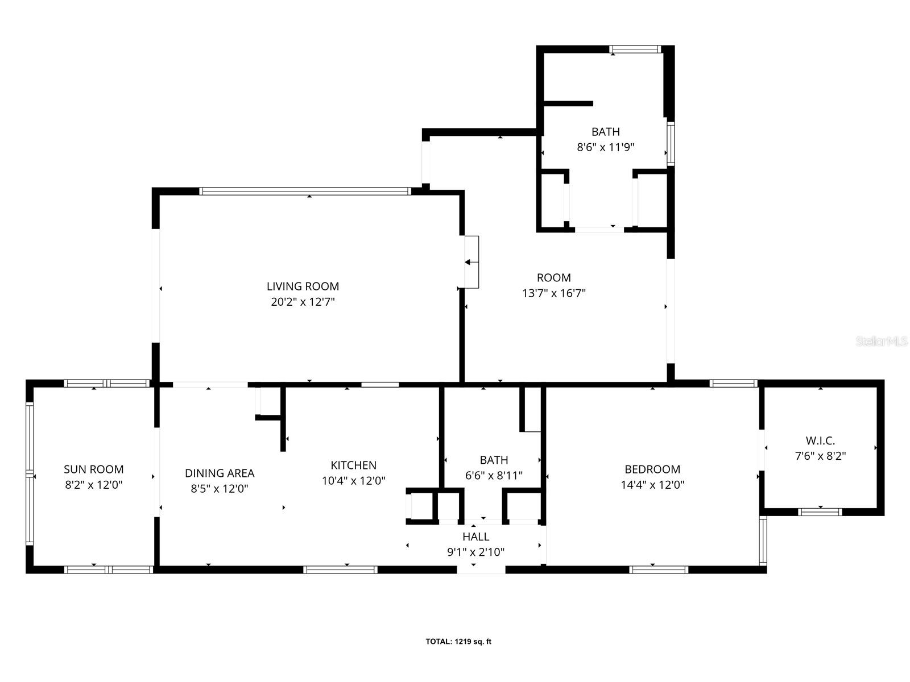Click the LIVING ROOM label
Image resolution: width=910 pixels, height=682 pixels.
coord(303,286)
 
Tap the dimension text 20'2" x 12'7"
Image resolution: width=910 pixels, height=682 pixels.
coord(303,302)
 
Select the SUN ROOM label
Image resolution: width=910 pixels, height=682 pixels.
coord(93,469)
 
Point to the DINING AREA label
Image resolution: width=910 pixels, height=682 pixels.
coord(220,473)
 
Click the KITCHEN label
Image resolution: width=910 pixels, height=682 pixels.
coord(353,465)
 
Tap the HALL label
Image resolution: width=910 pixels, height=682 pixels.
coord(475,537)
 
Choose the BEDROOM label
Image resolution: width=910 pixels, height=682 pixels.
coord(652,469)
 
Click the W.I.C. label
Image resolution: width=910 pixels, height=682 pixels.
coord(820,440)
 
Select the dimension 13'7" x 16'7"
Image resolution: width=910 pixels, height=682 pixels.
coord(553,294)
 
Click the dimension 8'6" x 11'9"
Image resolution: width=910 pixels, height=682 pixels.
coord(605,147)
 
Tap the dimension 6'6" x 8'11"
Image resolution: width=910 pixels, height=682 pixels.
coord(494,476)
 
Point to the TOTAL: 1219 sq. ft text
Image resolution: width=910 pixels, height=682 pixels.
coord(458,642)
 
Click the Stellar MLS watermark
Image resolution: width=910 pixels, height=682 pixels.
coord(881,342)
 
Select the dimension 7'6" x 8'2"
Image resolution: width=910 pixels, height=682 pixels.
coord(820,456)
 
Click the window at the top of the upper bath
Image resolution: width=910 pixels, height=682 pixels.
coord(635,49)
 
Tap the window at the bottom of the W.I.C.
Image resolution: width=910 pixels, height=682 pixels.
coord(820,512)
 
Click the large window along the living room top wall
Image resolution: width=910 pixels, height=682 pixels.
coord(305,192)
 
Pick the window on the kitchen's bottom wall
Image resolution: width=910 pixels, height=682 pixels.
coord(340,569)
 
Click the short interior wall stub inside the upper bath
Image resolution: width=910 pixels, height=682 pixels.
coord(568,103)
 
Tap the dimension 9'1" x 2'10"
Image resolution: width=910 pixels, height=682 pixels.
coord(475,552)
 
